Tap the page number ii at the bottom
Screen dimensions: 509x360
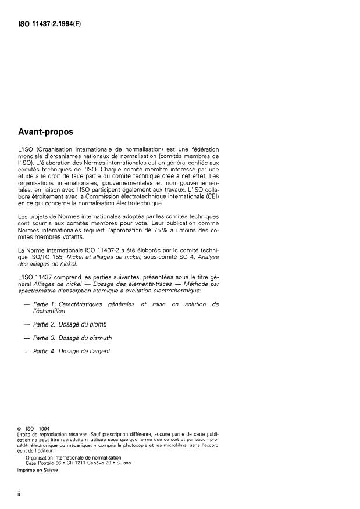pyautogui.click(x=20, y=492)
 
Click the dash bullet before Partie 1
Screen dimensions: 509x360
pyautogui.click(x=26, y=304)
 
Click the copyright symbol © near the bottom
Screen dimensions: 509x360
pyautogui.click(x=20, y=429)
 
